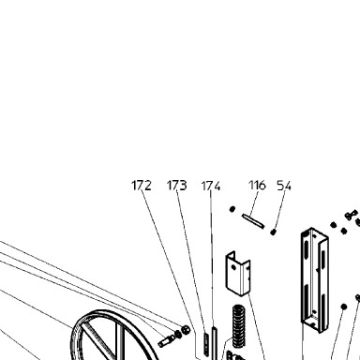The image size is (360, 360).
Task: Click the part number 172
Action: pos(142,186)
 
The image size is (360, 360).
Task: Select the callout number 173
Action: pos(177,186)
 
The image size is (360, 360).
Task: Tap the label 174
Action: pos(211,186)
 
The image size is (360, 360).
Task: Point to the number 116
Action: pos(257,186)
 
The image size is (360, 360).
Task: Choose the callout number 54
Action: pos(284,186)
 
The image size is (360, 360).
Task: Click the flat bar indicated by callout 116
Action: pos(253,220)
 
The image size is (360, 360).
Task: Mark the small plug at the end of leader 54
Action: pos(274,232)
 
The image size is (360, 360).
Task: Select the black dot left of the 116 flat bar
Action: pos(232,209)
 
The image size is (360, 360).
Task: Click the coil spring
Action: pos(238,324)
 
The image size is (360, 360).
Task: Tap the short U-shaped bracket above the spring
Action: pos(238,274)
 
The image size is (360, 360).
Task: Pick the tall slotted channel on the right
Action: pos(314,279)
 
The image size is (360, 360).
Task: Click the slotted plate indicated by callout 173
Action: pos(206,343)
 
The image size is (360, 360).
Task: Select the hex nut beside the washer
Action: pos(186,329)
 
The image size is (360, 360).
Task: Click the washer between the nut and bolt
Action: pos(178,334)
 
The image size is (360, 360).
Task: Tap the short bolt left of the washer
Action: pos(166,340)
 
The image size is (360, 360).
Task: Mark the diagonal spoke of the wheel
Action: pos(97,340)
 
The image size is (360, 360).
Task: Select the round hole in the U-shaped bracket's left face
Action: pos(232,267)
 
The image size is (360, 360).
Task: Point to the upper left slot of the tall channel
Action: pos(306,246)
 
